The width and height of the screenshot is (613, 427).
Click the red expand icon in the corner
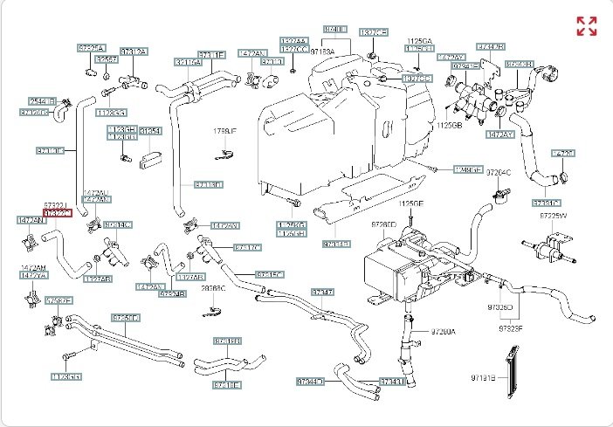pos(587,26)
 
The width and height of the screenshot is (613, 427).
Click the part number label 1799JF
pos(225,131)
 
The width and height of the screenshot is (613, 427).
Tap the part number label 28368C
pos(213,287)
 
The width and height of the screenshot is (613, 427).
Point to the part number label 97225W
pos(552,215)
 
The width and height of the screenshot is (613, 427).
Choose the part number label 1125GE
pos(410,203)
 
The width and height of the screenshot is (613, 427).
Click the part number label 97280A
pos(443,333)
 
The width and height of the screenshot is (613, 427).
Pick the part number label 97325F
pos(511,329)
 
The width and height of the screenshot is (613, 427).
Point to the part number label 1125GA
pos(419,41)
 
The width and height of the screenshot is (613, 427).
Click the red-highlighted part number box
pos(57,212)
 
